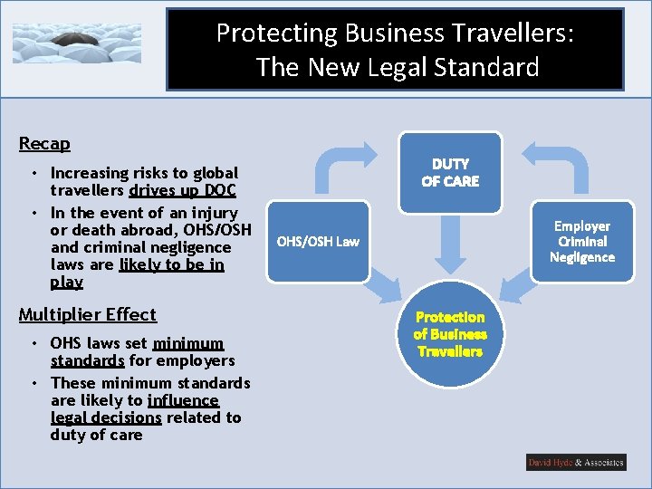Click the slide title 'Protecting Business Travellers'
pos(395,34)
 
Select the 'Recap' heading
pos(44,143)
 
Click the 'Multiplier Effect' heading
pos(88,314)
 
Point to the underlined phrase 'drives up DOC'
pos(182,190)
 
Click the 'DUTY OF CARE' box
pos(450,172)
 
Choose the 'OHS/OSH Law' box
pos(318,241)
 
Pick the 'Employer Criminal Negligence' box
pos(582,241)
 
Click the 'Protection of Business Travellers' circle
pos(450,333)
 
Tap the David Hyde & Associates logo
pos(576,463)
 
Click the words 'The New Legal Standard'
pos(397,67)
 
